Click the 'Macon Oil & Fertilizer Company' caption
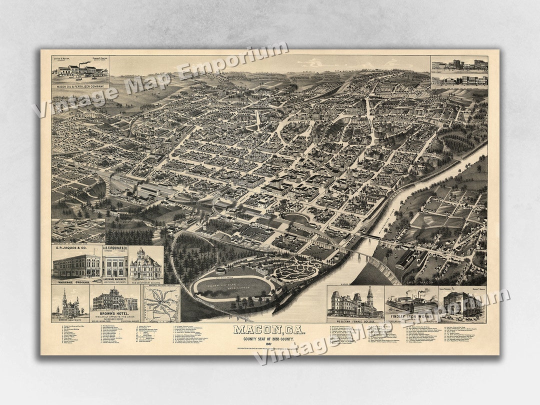(x=80, y=86)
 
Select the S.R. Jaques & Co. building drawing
(x=76, y=265)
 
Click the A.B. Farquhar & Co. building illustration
(x=115, y=265)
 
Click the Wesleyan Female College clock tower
(x=369, y=296)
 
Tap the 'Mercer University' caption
(x=70, y=319)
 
